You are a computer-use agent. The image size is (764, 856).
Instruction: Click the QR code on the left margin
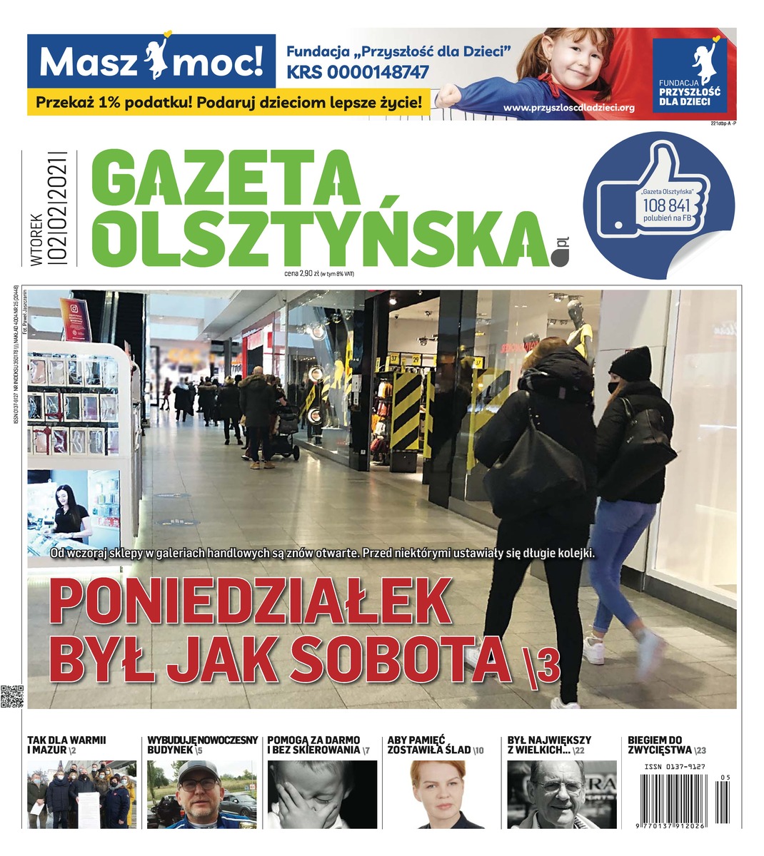click(12, 696)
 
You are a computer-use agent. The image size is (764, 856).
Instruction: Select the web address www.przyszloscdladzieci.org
click(569, 108)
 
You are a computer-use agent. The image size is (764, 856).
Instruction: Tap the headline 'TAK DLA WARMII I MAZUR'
click(66, 745)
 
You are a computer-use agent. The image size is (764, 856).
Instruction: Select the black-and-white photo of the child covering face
click(321, 794)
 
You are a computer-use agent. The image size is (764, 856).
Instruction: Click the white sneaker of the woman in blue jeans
click(594, 650)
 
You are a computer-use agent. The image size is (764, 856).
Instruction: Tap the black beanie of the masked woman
click(630, 364)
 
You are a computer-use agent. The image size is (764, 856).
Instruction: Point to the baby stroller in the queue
click(283, 432)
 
